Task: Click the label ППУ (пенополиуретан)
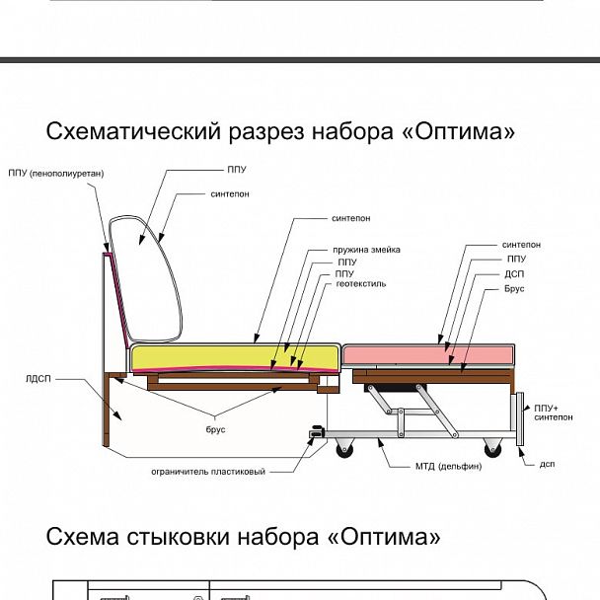(x=56, y=174)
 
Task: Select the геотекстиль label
(x=361, y=283)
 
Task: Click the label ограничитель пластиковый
(x=208, y=472)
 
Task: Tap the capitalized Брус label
(x=514, y=289)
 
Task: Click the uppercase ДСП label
(x=514, y=274)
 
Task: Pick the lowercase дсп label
(x=547, y=463)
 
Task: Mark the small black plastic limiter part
(x=317, y=431)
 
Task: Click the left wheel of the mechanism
(x=342, y=449)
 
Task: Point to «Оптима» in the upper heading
(x=459, y=131)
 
